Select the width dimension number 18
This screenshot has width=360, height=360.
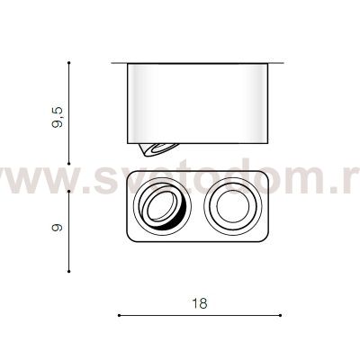click(x=199, y=304)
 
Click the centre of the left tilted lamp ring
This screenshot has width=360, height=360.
click(x=163, y=209)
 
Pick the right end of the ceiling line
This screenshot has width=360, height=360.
click(x=285, y=63)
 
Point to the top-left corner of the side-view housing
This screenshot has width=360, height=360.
click(x=127, y=65)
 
